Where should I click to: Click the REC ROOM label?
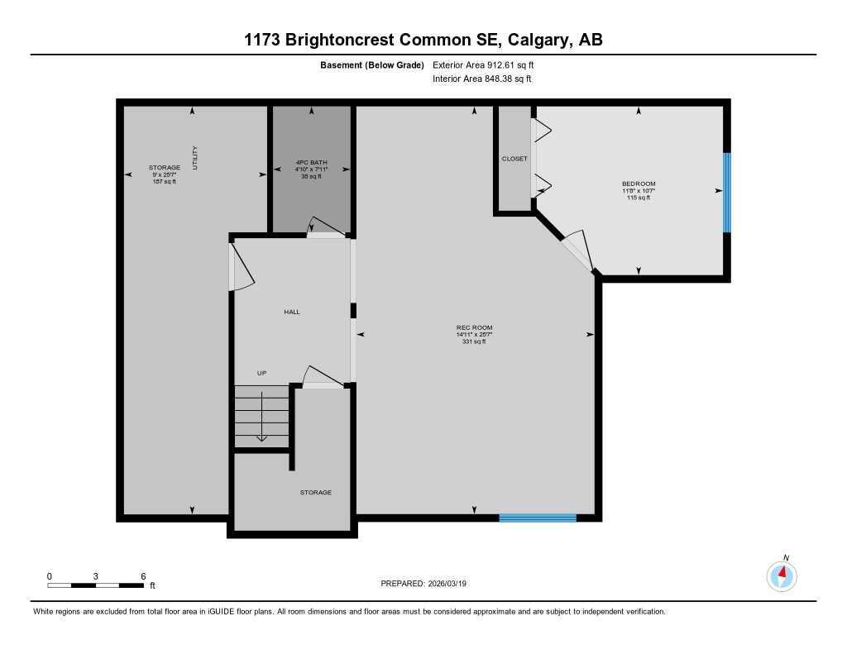click(474, 327)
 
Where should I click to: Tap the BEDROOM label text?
click(639, 184)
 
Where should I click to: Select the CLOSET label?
click(514, 159)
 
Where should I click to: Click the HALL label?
click(292, 312)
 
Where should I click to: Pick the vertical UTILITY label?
click(195, 158)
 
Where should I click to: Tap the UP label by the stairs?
click(261, 373)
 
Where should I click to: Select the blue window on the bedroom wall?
click(727, 193)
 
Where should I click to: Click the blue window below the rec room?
click(538, 518)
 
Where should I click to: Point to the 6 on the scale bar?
click(143, 575)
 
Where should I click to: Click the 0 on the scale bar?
click(50, 575)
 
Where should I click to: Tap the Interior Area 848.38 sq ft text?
click(482, 79)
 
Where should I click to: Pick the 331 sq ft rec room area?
click(474, 341)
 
